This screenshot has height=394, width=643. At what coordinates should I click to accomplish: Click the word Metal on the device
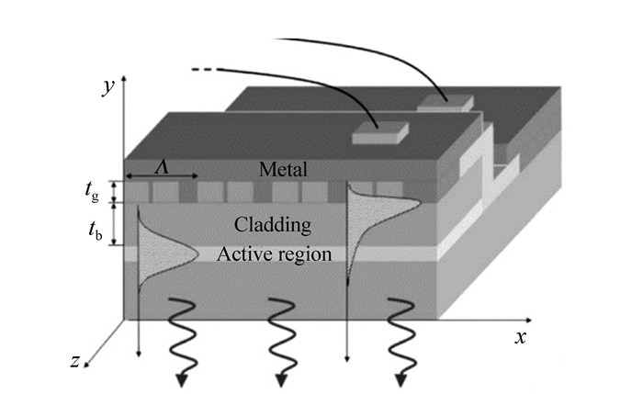coord(283,170)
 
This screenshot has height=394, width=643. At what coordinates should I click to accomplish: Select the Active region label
coord(274,254)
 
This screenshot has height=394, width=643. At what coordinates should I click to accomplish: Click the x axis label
coord(520,337)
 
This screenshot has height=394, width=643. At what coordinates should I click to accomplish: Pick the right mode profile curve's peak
coord(403,194)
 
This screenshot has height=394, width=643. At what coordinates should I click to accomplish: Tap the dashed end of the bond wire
coord(203,69)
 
